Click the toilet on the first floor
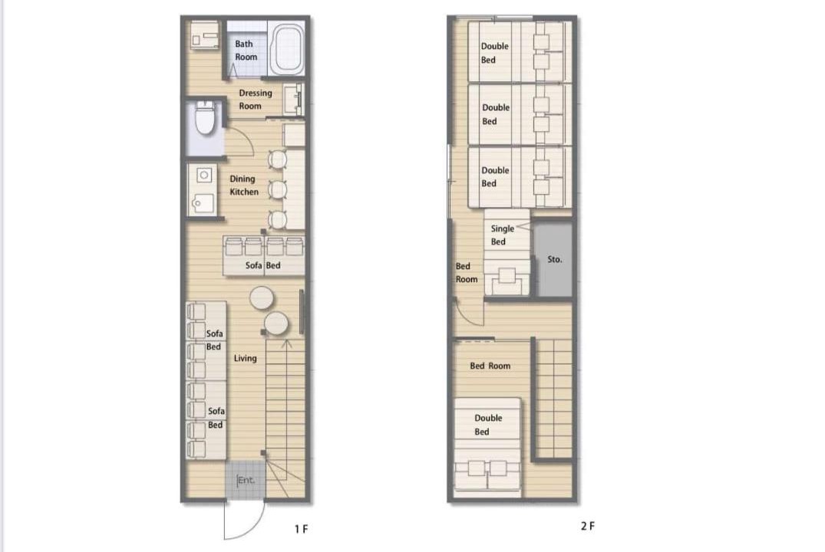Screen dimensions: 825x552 pos(205,118)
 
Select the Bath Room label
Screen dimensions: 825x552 pos(246,51)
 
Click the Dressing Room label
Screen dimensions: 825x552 pos(256,100)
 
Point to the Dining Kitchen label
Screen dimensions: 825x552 pos(243,185)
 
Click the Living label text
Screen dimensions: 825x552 pos(245,358)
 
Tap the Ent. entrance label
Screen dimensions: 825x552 pos(246,480)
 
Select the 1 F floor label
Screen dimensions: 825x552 pos(301,529)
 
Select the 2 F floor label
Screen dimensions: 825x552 pos(588,526)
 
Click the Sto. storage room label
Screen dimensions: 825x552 pos(555,259)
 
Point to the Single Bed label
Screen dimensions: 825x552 pos(502,235)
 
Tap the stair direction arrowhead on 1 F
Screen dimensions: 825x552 pos(287,343)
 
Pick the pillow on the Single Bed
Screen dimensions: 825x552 pos(507,275)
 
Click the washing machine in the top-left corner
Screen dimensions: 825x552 pos(205,36)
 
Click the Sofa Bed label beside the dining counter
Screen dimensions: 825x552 pos(262,265)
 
